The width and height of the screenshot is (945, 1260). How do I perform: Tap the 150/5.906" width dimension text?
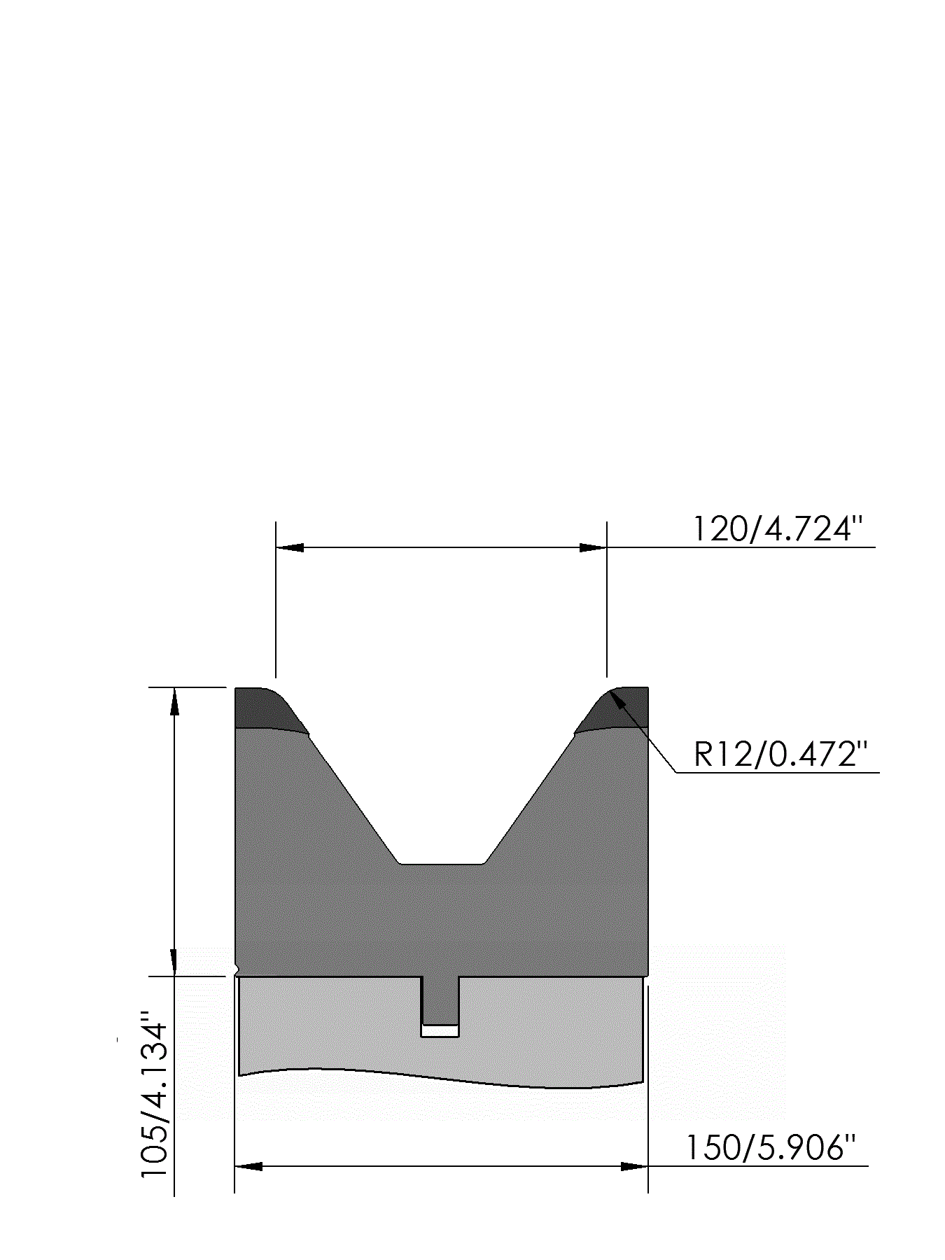pyautogui.click(x=770, y=1148)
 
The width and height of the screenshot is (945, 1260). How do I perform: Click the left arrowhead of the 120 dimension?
pyautogui.click(x=290, y=547)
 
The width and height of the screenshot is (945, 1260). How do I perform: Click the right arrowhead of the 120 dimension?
pyautogui.click(x=593, y=547)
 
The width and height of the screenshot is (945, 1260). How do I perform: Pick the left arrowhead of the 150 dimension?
pyautogui.click(x=248, y=1166)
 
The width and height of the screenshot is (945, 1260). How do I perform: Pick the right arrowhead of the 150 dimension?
pyautogui.click(x=634, y=1166)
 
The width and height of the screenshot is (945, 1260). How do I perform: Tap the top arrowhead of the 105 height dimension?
pyautogui.click(x=174, y=701)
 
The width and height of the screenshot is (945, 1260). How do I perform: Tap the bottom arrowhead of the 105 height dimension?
pyautogui.click(x=174, y=962)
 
